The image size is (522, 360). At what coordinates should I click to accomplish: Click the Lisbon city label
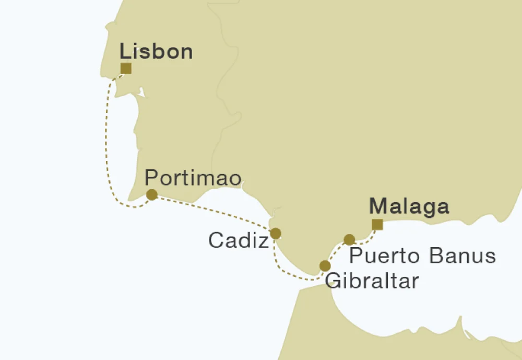(156, 52)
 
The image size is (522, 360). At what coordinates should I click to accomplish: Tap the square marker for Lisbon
(126, 68)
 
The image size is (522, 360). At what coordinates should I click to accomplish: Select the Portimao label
(193, 179)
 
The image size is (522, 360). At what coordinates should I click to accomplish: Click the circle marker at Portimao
(152, 195)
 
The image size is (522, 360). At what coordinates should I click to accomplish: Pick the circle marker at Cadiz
(275, 233)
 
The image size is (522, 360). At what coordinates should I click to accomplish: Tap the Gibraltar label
(372, 281)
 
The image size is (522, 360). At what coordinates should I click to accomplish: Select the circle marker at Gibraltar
(325, 265)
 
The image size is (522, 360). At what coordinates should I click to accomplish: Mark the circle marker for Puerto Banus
(349, 240)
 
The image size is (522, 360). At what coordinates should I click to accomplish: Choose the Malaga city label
(409, 206)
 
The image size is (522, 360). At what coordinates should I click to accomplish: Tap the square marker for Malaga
(377, 225)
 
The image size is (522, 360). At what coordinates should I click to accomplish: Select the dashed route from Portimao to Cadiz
(214, 212)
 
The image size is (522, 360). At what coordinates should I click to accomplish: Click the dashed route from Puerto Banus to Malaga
(365, 240)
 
